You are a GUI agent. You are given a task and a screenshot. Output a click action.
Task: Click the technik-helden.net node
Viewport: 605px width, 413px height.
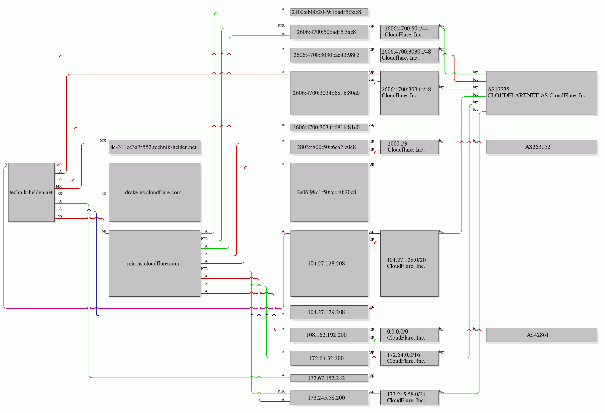pos(31,193)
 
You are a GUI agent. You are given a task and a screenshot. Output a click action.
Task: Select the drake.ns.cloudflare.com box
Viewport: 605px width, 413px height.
pos(155,193)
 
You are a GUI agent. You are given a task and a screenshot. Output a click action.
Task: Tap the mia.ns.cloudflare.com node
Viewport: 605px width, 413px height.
pos(155,263)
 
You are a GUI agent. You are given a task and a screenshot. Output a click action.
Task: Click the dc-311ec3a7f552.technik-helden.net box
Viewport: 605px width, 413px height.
pos(155,147)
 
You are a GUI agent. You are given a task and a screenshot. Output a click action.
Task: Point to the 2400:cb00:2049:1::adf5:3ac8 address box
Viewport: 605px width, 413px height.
pos(329,12)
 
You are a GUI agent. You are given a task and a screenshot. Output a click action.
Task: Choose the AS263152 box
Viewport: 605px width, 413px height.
pos(542,147)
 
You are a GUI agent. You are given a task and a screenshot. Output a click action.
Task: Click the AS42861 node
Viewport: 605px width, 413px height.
pos(542,335)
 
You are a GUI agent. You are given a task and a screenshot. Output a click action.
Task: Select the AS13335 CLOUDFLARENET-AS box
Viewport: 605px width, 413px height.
pos(542,93)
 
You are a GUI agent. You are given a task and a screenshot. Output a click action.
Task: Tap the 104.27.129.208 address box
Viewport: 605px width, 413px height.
pos(329,312)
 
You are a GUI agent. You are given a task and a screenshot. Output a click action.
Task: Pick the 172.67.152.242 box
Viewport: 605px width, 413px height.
pos(329,378)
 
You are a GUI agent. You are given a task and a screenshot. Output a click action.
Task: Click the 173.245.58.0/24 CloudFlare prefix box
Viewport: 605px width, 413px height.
pos(409,398)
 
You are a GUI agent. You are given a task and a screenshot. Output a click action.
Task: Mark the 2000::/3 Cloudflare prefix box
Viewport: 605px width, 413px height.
pos(409,147)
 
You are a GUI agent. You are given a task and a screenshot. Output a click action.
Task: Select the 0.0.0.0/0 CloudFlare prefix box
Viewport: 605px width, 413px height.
pos(409,335)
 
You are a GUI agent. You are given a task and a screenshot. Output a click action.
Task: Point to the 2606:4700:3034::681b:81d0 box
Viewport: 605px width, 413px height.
pos(329,127)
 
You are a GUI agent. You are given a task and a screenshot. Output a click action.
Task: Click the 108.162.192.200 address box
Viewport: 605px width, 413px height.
pos(329,335)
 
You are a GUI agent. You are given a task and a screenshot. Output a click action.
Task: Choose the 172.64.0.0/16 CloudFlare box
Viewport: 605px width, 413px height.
pos(409,358)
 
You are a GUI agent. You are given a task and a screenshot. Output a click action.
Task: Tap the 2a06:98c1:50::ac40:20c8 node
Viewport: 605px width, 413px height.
pos(329,193)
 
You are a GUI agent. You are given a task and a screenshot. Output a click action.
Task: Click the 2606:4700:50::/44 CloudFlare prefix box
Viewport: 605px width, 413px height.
pos(409,32)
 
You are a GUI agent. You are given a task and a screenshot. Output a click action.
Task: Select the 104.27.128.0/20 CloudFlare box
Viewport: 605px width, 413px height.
pos(409,263)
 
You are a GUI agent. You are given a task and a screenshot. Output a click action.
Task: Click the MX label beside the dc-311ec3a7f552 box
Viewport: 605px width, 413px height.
pos(103,141)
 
